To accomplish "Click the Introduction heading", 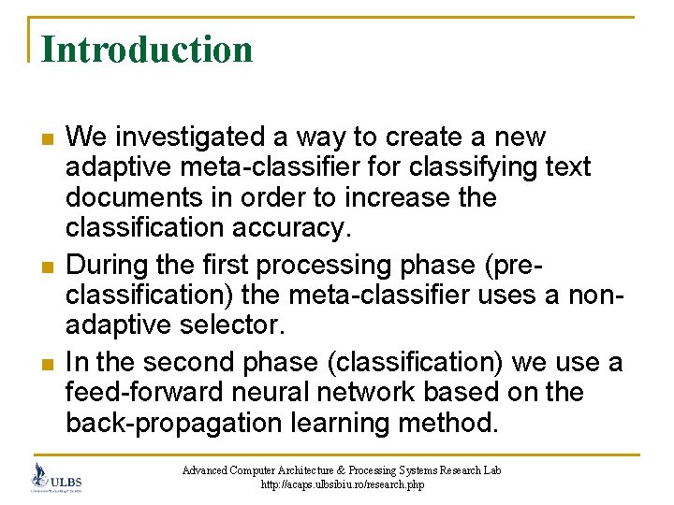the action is (147, 50).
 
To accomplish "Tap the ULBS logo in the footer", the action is (57, 477).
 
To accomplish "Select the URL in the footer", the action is (342, 484).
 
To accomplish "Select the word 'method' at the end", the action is (446, 424).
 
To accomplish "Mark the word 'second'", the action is (193, 361).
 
